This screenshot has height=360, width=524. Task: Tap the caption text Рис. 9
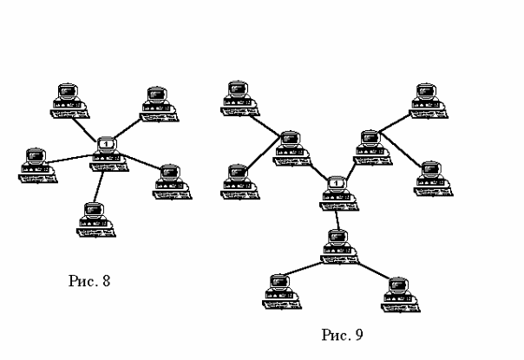[x=341, y=334]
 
